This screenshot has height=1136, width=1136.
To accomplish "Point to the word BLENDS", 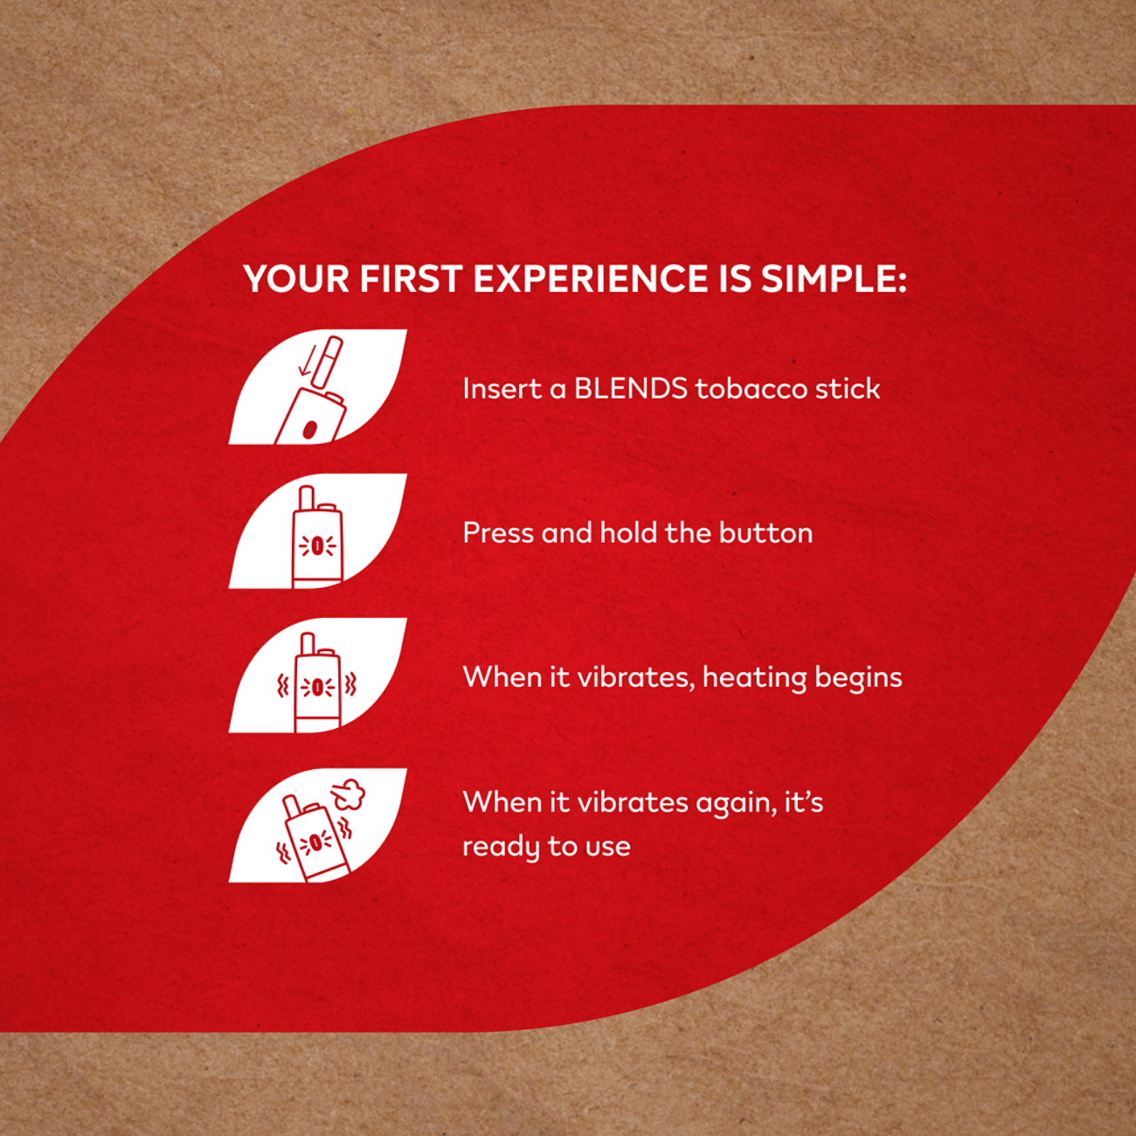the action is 631,389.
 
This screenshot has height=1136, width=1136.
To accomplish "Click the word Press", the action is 497,533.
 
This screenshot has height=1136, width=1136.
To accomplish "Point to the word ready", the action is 501,847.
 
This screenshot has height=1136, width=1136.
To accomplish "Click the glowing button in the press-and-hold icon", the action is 317,546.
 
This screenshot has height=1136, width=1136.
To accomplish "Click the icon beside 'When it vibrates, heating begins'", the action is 317,675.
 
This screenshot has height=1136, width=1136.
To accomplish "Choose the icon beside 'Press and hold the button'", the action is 317,530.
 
